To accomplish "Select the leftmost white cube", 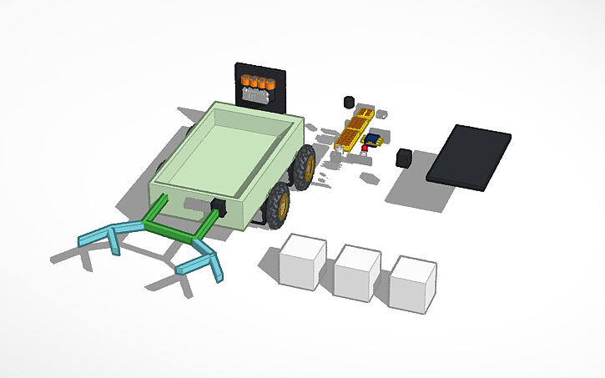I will pos(301,262).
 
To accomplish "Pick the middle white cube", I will pos(356,272).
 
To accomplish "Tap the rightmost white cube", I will pos(412,284).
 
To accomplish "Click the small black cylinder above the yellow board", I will pos(348,102).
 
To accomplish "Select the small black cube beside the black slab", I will pos(404,157).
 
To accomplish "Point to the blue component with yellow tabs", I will pos(373,139).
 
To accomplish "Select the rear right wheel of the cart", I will pos(305,164).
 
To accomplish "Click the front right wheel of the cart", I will pos(277,204).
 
